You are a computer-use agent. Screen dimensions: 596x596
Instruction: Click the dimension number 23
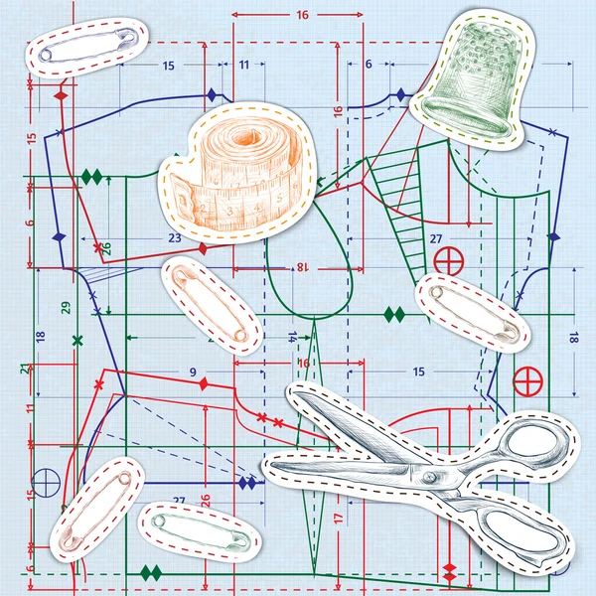[174, 238]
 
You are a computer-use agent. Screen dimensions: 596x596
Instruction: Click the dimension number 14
[293, 338]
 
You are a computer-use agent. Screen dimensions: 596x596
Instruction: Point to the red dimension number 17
[338, 519]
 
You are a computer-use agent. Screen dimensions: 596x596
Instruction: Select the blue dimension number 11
[244, 65]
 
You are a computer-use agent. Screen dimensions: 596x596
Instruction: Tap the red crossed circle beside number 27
[449, 262]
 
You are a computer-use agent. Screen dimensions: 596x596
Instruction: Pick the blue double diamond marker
[246, 483]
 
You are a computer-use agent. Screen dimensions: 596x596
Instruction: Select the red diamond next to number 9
[204, 383]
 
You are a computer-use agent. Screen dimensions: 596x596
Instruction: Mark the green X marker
[76, 341]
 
